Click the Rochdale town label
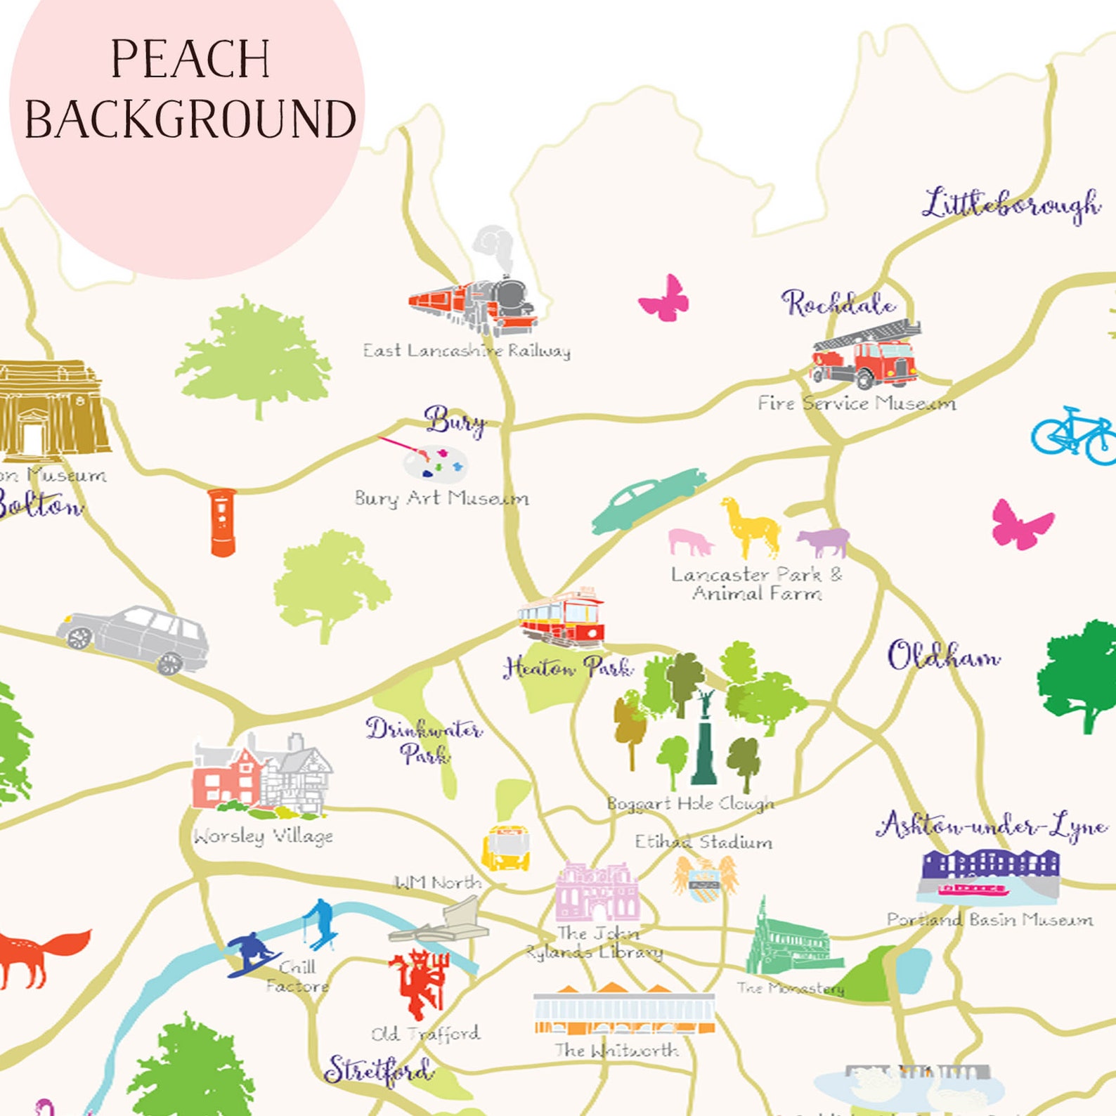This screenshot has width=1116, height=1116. [x=838, y=304]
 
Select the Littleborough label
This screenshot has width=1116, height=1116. [x=1011, y=205]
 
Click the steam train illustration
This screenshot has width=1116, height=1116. [x=474, y=303]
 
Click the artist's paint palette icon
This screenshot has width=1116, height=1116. [x=434, y=462]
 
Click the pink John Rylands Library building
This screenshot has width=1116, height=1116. [x=597, y=893]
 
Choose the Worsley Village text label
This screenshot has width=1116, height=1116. [x=264, y=836]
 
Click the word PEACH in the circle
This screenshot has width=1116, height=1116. [x=190, y=59]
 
